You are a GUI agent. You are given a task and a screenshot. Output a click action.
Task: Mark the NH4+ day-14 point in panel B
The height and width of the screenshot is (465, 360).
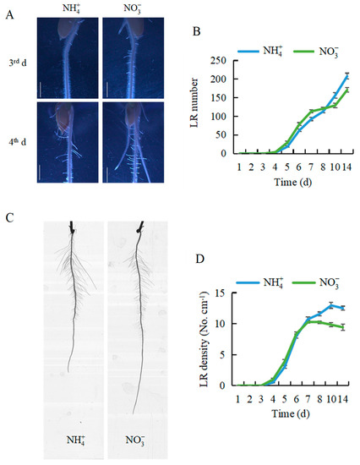[x=346, y=76]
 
